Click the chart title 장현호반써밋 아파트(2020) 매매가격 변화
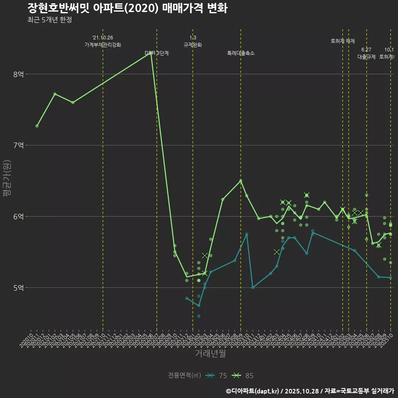point(127,8)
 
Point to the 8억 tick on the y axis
point(19,74)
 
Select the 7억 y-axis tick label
point(19,145)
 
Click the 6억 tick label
point(19,216)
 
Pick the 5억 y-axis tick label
point(19,287)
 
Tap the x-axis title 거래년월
point(211,354)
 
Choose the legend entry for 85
point(243,376)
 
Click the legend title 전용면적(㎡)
point(184,376)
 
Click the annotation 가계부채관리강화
point(103,45)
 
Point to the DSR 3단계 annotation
point(157,53)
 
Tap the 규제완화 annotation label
point(193,45)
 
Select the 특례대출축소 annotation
point(241,53)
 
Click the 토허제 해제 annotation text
point(343,41)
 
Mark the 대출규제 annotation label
point(366,57)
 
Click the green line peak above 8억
point(151,53)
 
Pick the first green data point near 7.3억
point(37,126)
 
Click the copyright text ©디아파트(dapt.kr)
point(252,391)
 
